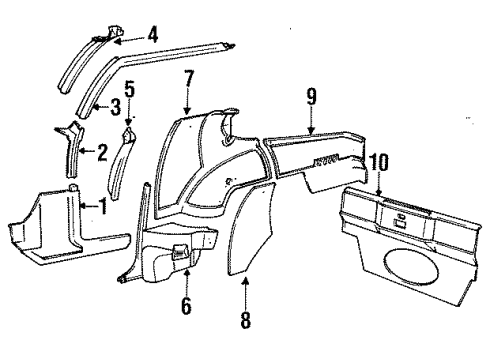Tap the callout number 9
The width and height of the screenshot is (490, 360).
coord(311,97)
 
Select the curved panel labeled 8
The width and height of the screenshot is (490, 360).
coord(241,227)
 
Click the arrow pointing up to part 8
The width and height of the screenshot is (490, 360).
coord(245,295)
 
